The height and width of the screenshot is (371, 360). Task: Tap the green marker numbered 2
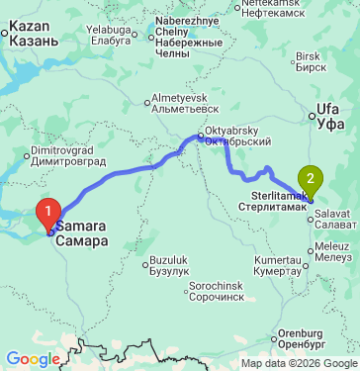(312, 181)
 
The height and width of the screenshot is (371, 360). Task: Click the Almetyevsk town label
(178, 104)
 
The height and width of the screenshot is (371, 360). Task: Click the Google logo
(33, 358)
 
